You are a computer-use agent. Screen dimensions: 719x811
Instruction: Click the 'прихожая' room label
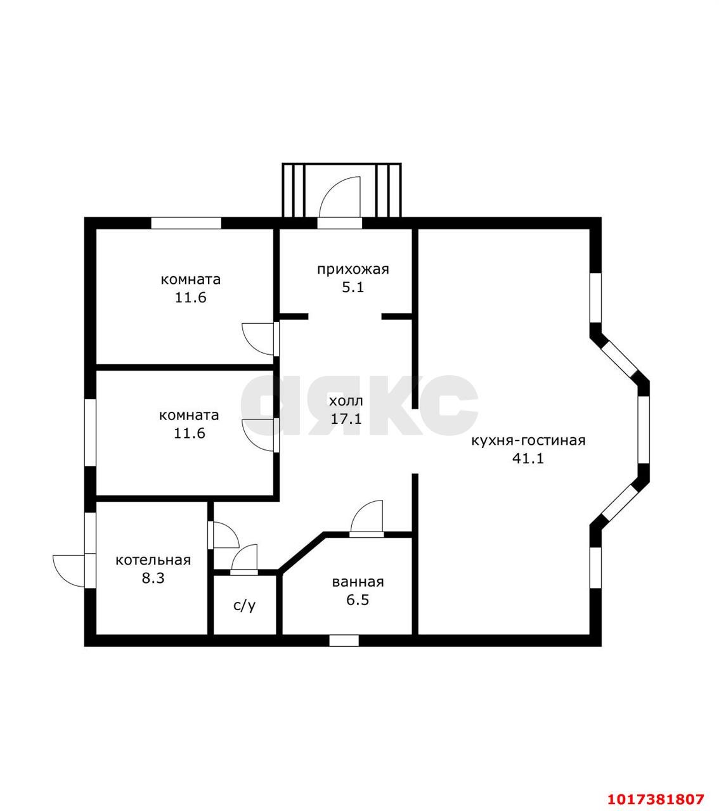tap(353, 270)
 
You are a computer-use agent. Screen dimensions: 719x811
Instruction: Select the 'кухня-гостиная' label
tap(528, 441)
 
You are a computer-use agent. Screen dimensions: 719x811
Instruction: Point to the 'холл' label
tap(346, 400)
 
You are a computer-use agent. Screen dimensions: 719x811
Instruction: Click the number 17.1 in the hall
tap(346, 419)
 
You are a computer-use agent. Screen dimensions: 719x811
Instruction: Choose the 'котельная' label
tap(153, 560)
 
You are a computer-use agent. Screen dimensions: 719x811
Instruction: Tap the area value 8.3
tap(153, 578)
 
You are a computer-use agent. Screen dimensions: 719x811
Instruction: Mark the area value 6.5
tap(358, 600)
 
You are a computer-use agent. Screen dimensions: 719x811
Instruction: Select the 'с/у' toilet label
tap(244, 606)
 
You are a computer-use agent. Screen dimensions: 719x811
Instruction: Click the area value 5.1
tap(353, 288)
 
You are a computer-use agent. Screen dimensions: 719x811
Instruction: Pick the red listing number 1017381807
tap(656, 788)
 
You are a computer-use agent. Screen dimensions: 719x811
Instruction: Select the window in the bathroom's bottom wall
tap(344, 641)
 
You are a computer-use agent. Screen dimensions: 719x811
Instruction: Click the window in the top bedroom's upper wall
tap(186, 223)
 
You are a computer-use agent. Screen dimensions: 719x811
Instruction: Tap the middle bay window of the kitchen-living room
tap(644, 430)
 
